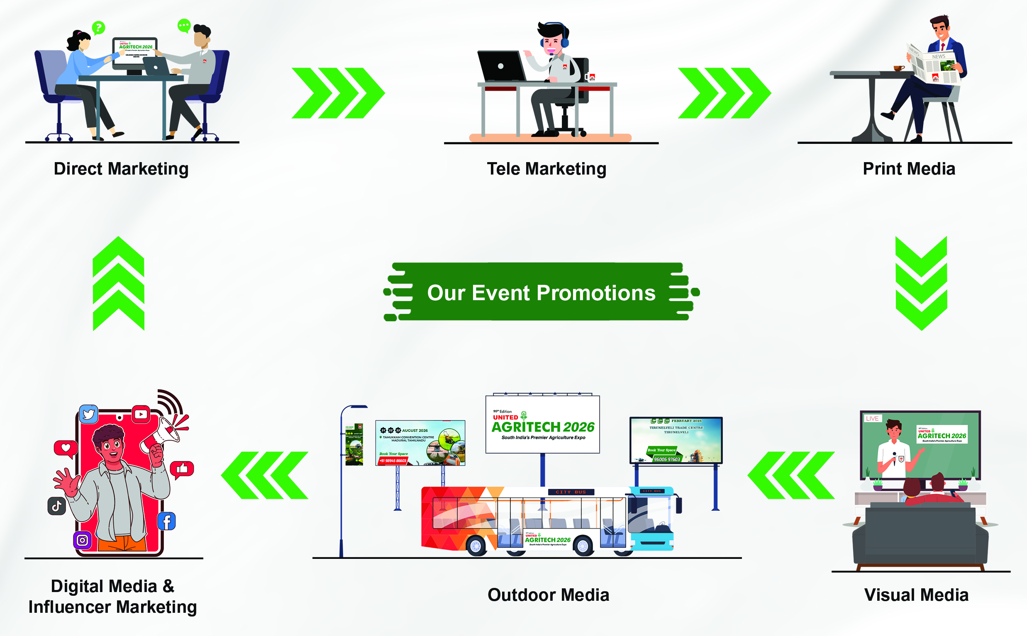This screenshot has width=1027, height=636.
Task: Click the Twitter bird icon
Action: [88, 414]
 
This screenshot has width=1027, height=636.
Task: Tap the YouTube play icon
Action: [141, 414]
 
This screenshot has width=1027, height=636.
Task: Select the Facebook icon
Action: [167, 521]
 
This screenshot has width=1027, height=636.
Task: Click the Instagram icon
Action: [82, 540]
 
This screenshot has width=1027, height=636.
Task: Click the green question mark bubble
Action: [98, 28]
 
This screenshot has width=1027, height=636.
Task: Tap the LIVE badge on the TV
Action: [872, 418]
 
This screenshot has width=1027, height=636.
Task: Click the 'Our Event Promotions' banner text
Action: [541, 293]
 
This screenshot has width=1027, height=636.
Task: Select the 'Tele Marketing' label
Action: [546, 169]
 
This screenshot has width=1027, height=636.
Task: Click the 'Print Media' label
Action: [909, 169]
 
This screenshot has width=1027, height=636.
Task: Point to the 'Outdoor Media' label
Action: [548, 595]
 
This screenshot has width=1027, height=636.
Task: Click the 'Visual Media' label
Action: [916, 595]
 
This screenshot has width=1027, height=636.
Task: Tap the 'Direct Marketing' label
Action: [121, 169]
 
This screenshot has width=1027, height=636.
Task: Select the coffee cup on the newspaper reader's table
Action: [898, 68]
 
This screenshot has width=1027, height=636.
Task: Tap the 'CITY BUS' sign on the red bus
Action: [571, 492]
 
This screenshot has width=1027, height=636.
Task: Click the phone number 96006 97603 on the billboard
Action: [667, 459]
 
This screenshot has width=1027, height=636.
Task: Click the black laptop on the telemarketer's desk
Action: [501, 66]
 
